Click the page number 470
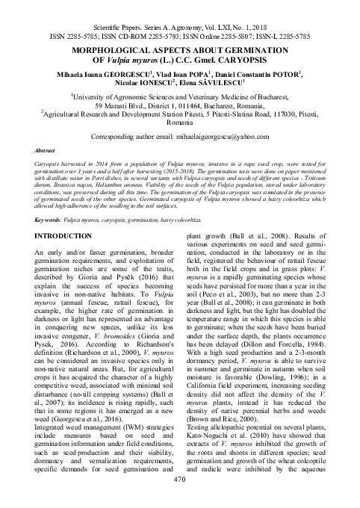coord(179,499)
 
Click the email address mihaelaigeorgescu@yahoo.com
coord(228,137)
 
